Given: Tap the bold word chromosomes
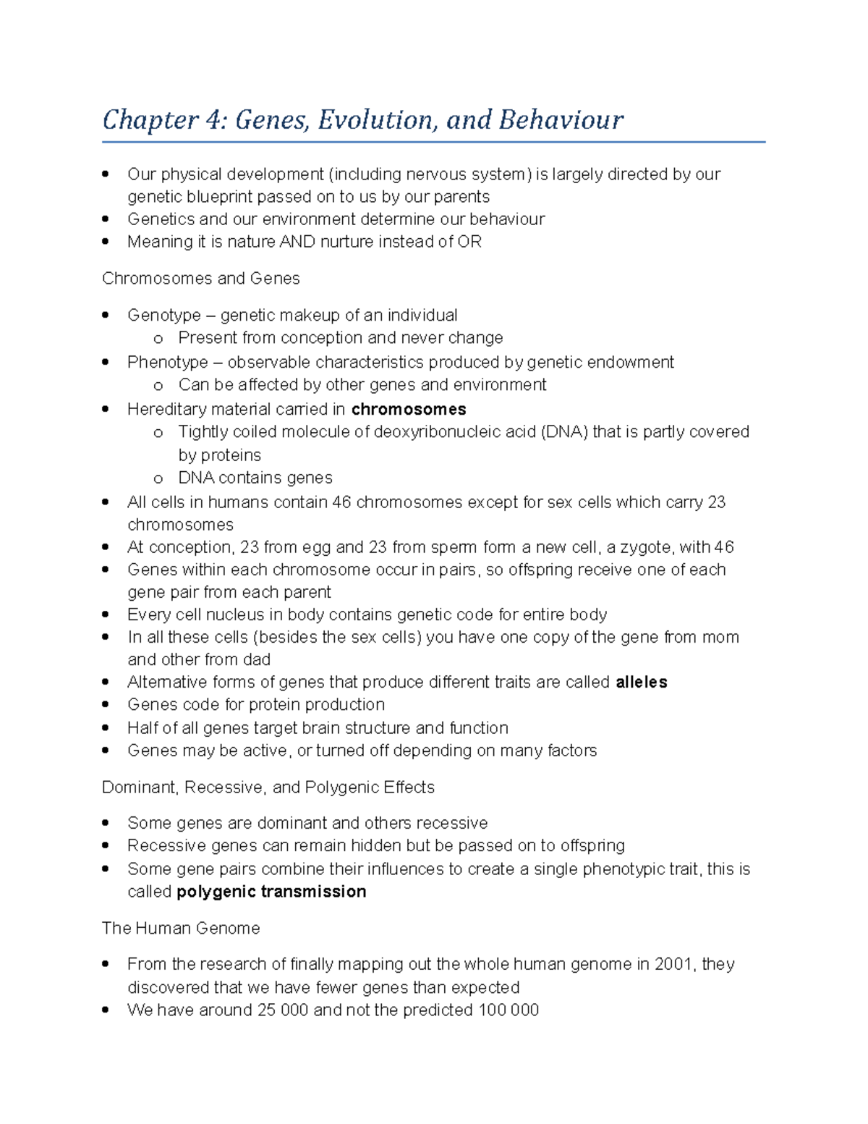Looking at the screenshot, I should coord(409,410).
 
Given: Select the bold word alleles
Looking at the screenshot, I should coord(641,683).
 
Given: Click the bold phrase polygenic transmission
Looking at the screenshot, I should coord(271,892).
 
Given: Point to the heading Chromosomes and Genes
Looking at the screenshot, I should coord(200,279).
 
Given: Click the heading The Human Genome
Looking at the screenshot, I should coord(181,929).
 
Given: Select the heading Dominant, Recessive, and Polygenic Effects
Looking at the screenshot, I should coord(268,787).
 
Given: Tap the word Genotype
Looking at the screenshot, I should coord(163,316).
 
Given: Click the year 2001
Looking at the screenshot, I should coord(673,964).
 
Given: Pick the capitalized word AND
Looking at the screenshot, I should coord(297,242).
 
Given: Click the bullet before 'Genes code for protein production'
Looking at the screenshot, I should coord(106,705).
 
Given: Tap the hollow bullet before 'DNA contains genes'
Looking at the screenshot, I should coord(158,478).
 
